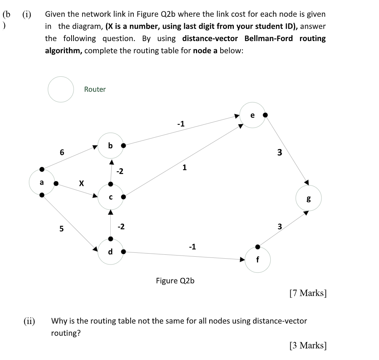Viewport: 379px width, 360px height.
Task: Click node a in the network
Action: coord(42,183)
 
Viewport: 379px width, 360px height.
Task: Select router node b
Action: coord(110,146)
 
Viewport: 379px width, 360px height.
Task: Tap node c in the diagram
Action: coord(111,197)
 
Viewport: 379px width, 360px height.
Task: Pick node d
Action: coord(110,251)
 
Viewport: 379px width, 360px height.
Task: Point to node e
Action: coord(252,115)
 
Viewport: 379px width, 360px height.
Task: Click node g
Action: coord(309,198)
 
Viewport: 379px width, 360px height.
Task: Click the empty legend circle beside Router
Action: coord(61,89)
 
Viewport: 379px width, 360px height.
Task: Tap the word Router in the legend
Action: coord(95,89)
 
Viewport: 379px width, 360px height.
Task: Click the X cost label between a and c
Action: coord(81,183)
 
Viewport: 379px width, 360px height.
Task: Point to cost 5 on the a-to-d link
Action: coord(61,229)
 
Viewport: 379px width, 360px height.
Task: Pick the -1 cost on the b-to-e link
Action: coord(181,124)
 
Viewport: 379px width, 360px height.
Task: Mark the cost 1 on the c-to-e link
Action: coord(184,168)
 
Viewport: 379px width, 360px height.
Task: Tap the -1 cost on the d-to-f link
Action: coord(192,247)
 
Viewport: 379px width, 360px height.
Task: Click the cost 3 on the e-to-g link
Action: coord(279,153)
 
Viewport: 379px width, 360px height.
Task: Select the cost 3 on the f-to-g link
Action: coord(279,226)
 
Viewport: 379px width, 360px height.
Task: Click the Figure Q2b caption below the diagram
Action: coord(175,281)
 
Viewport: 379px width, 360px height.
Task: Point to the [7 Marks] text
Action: coord(308,293)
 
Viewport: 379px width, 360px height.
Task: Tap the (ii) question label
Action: coord(29,321)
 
